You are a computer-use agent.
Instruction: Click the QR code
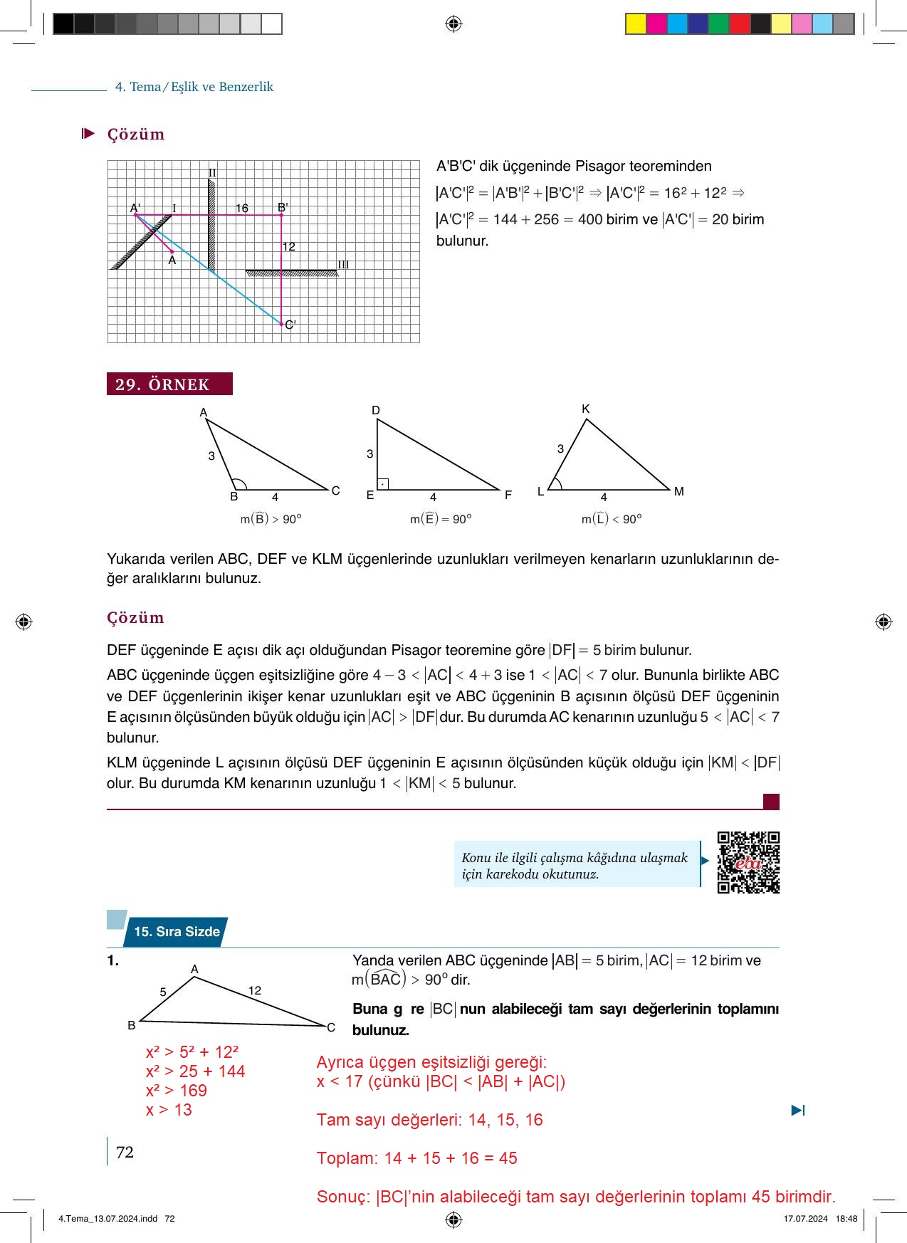tap(748, 862)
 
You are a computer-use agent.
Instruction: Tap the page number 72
tap(125, 1152)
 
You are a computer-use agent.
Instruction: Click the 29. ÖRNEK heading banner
tap(169, 384)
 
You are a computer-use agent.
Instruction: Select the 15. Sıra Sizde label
tap(177, 931)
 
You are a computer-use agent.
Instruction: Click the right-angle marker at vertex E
tap(382, 484)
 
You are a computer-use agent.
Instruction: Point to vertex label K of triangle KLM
tap(585, 409)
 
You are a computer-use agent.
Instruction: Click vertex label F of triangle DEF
tap(508, 495)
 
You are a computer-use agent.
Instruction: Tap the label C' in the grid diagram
tap(290, 325)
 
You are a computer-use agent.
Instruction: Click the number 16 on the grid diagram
tap(242, 208)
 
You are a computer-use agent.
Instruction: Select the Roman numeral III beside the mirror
tap(343, 265)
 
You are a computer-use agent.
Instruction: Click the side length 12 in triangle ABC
tap(255, 990)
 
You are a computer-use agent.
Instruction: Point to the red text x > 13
tap(169, 1110)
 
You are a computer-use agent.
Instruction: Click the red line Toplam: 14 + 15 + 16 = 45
tap(416, 1158)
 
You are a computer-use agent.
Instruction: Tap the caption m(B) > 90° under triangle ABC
tap(271, 519)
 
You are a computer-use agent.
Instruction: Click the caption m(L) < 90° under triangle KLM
tap(612, 519)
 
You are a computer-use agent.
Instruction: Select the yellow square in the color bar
tap(635, 24)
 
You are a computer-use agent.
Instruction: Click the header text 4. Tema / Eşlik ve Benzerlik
tap(194, 87)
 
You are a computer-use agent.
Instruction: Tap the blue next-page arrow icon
tap(798, 1110)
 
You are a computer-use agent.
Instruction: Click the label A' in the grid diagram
tap(135, 208)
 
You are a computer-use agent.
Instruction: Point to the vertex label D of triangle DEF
tap(376, 410)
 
